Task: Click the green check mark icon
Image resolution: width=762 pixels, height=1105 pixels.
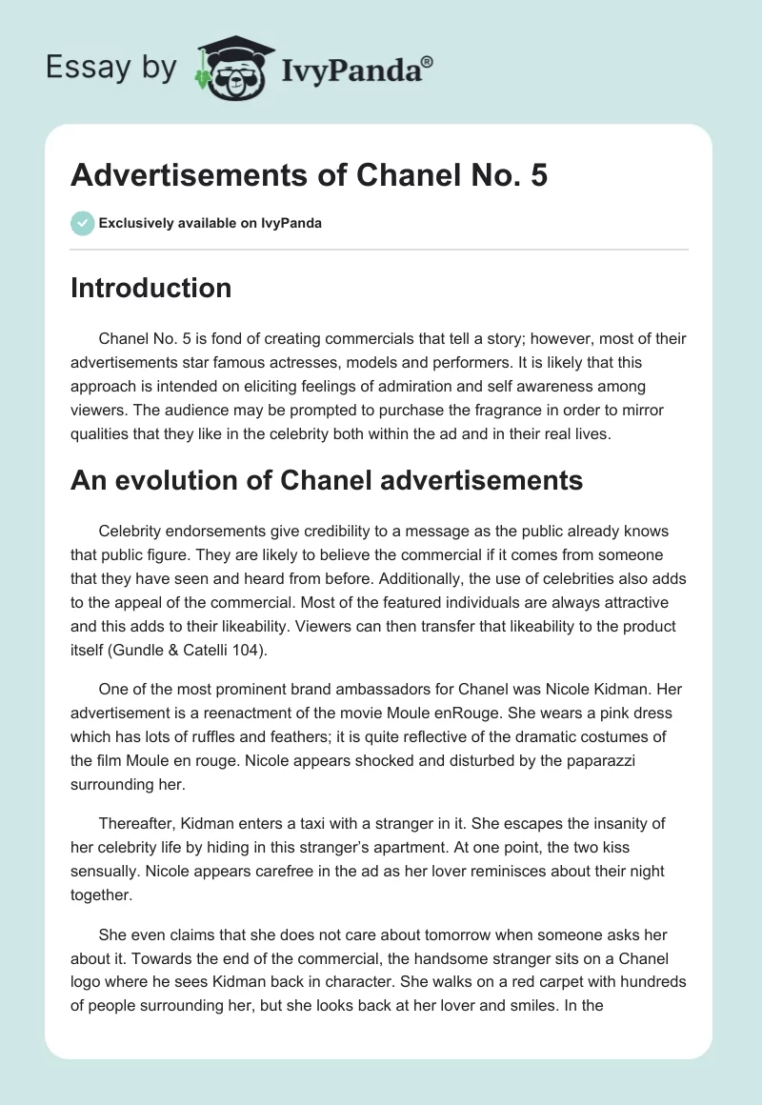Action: coord(82,223)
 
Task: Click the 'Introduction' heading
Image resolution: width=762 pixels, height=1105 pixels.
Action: coord(150,288)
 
